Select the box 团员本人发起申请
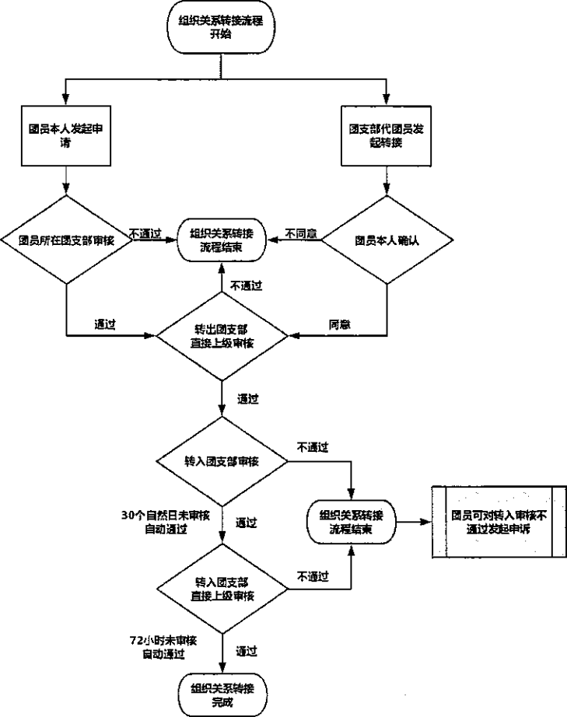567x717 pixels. point(65,136)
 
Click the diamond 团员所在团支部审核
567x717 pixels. point(66,240)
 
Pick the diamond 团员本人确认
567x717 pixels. point(386,240)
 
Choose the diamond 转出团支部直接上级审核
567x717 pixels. point(223,336)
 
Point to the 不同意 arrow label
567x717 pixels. point(301,233)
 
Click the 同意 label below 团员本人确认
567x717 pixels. point(340,324)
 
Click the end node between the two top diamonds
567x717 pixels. point(222,240)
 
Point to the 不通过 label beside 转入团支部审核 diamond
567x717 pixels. point(313,448)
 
